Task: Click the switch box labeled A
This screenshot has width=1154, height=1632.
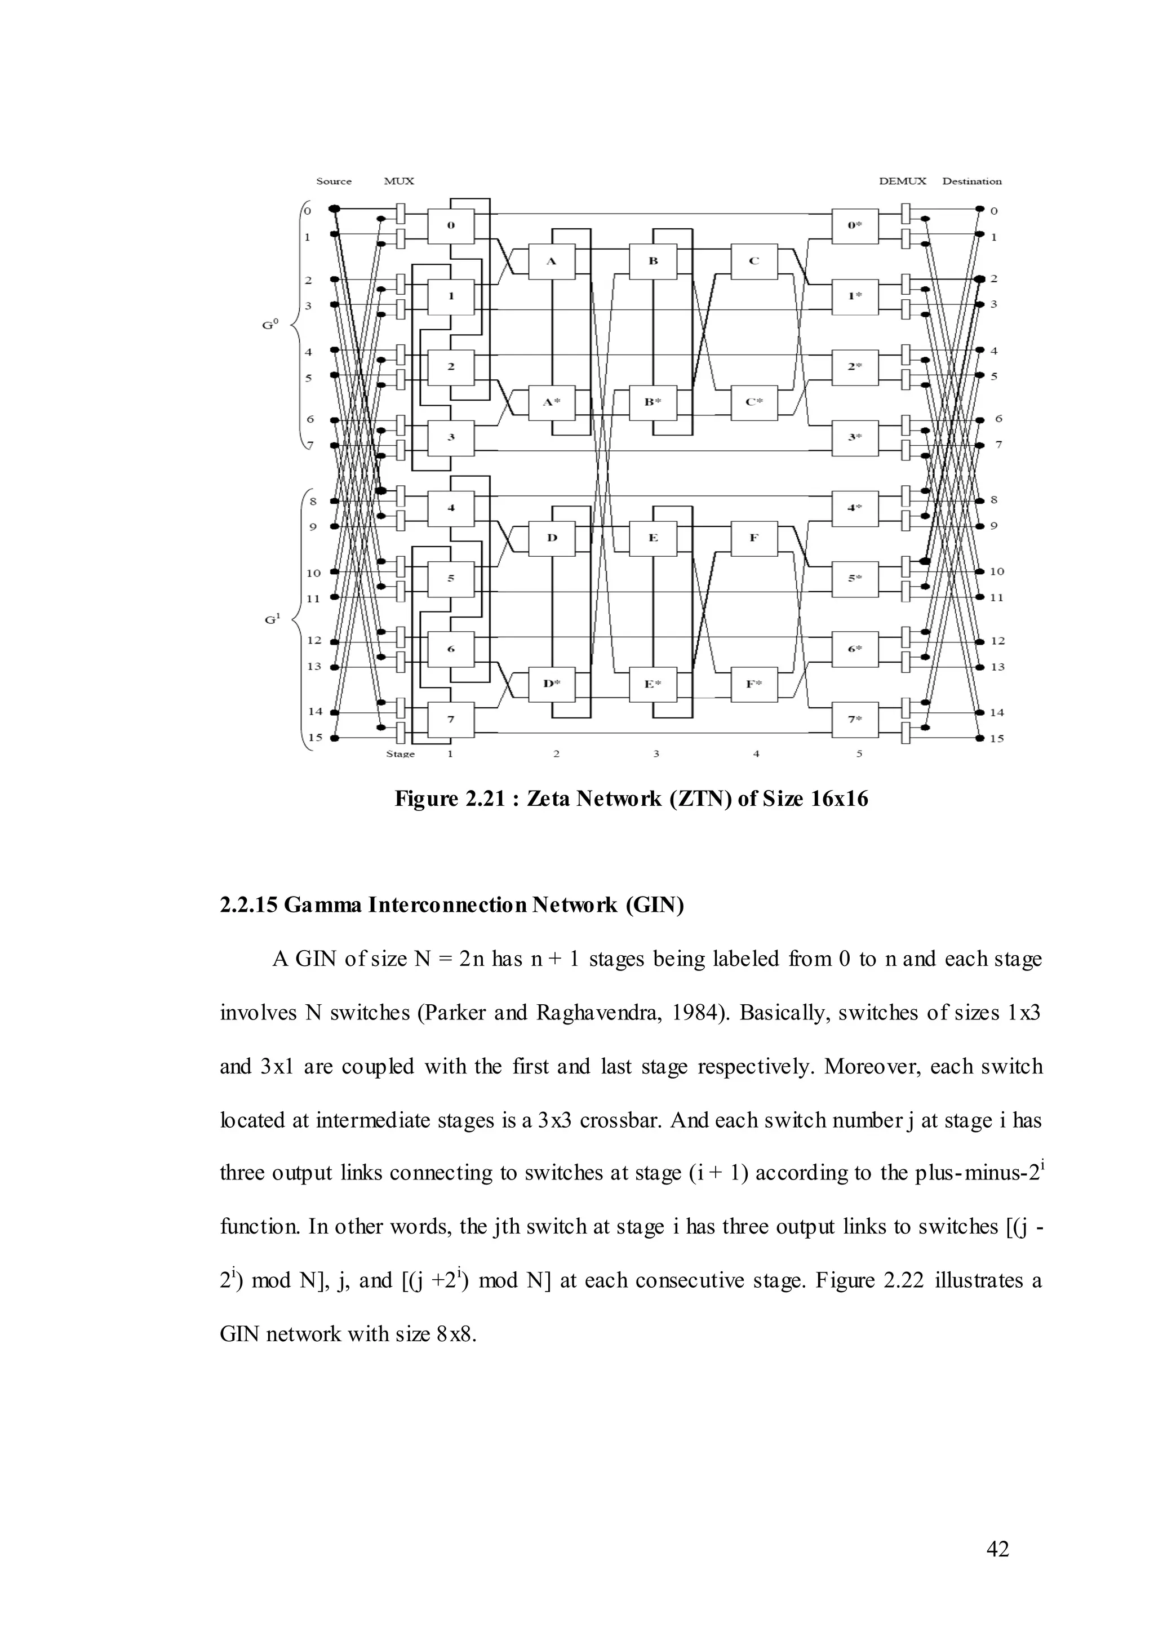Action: click(x=552, y=261)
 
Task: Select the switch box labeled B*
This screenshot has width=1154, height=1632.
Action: click(x=653, y=402)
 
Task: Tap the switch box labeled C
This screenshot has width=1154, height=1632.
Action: click(x=754, y=261)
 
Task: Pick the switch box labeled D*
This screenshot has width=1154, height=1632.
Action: click(x=552, y=684)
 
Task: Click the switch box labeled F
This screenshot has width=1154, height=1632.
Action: click(x=754, y=538)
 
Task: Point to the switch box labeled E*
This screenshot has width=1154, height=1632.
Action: click(x=653, y=684)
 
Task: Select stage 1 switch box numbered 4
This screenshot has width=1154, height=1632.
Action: click(x=451, y=508)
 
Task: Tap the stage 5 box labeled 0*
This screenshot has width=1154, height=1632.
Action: click(x=855, y=226)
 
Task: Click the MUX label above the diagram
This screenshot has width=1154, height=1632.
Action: click(x=398, y=181)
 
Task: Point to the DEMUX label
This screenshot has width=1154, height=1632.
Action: click(x=903, y=181)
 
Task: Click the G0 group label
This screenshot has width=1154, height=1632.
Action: click(x=270, y=324)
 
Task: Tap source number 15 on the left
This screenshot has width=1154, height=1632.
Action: click(x=315, y=737)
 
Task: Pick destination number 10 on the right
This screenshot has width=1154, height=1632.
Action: click(x=997, y=571)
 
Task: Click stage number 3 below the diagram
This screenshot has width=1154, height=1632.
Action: click(x=656, y=753)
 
